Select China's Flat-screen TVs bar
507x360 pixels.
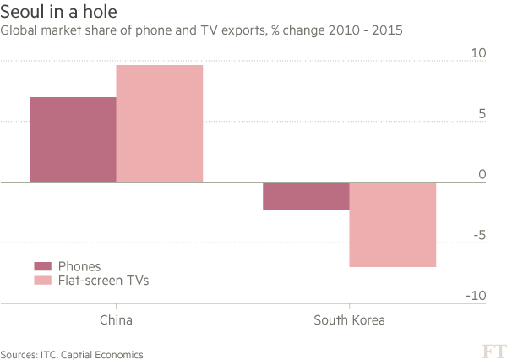point(160,123)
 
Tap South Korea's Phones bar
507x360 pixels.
point(306,196)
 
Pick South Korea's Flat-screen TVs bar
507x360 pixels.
point(393,224)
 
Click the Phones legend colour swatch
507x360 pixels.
point(42,267)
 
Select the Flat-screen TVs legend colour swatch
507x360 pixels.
point(42,281)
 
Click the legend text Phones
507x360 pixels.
point(79,267)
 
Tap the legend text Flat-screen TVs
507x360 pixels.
point(103,281)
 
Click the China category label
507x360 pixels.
point(116,320)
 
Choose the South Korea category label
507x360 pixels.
point(349,320)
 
